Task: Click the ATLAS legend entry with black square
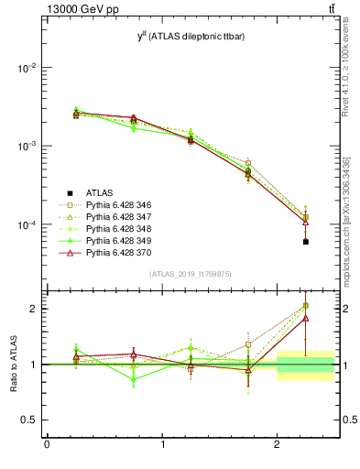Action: (x=99, y=192)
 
